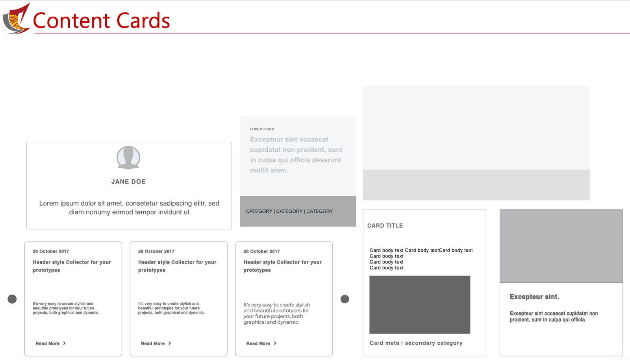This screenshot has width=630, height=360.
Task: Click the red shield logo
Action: tap(16, 19)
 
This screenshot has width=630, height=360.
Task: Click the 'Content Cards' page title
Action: tap(102, 20)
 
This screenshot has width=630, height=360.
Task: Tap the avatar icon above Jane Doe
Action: tap(128, 158)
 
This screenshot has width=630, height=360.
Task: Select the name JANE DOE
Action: tap(128, 182)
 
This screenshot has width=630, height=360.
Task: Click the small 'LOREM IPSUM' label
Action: tap(262, 129)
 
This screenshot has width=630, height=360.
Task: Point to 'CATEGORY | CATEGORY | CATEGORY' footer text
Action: tap(289, 211)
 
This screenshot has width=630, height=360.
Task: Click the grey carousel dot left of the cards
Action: tap(12, 299)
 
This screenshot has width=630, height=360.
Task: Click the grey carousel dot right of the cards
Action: tap(345, 299)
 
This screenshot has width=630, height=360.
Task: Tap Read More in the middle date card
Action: tap(156, 343)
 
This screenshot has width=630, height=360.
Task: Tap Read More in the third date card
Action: tap(261, 343)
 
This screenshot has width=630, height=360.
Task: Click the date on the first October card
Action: tap(51, 251)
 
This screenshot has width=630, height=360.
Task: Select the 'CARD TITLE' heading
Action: tap(385, 226)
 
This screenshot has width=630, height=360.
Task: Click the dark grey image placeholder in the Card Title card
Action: tap(420, 304)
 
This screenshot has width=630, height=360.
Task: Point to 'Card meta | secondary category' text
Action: tap(416, 343)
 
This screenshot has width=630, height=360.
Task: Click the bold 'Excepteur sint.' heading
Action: tap(534, 297)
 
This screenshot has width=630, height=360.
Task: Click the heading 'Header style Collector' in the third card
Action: tap(283, 266)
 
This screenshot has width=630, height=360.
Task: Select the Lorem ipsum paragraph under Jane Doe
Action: tap(129, 208)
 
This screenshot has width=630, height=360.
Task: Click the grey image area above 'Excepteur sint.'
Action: tap(561, 246)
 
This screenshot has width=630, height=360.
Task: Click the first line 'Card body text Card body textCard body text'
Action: tap(421, 251)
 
